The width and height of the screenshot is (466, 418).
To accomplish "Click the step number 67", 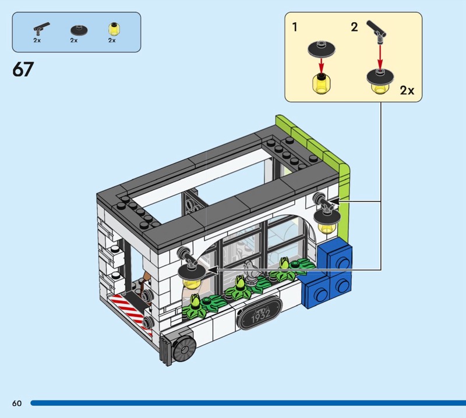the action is [x=23, y=69].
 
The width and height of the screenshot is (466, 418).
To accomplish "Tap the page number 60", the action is [x=17, y=403].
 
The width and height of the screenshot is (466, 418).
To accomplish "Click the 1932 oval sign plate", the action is [x=259, y=313].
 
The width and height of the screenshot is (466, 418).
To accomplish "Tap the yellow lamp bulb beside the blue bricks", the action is [x=327, y=228].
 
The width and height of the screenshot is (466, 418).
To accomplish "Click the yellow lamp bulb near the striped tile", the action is [x=191, y=283].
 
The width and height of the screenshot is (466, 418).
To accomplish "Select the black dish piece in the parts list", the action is [x=79, y=30].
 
